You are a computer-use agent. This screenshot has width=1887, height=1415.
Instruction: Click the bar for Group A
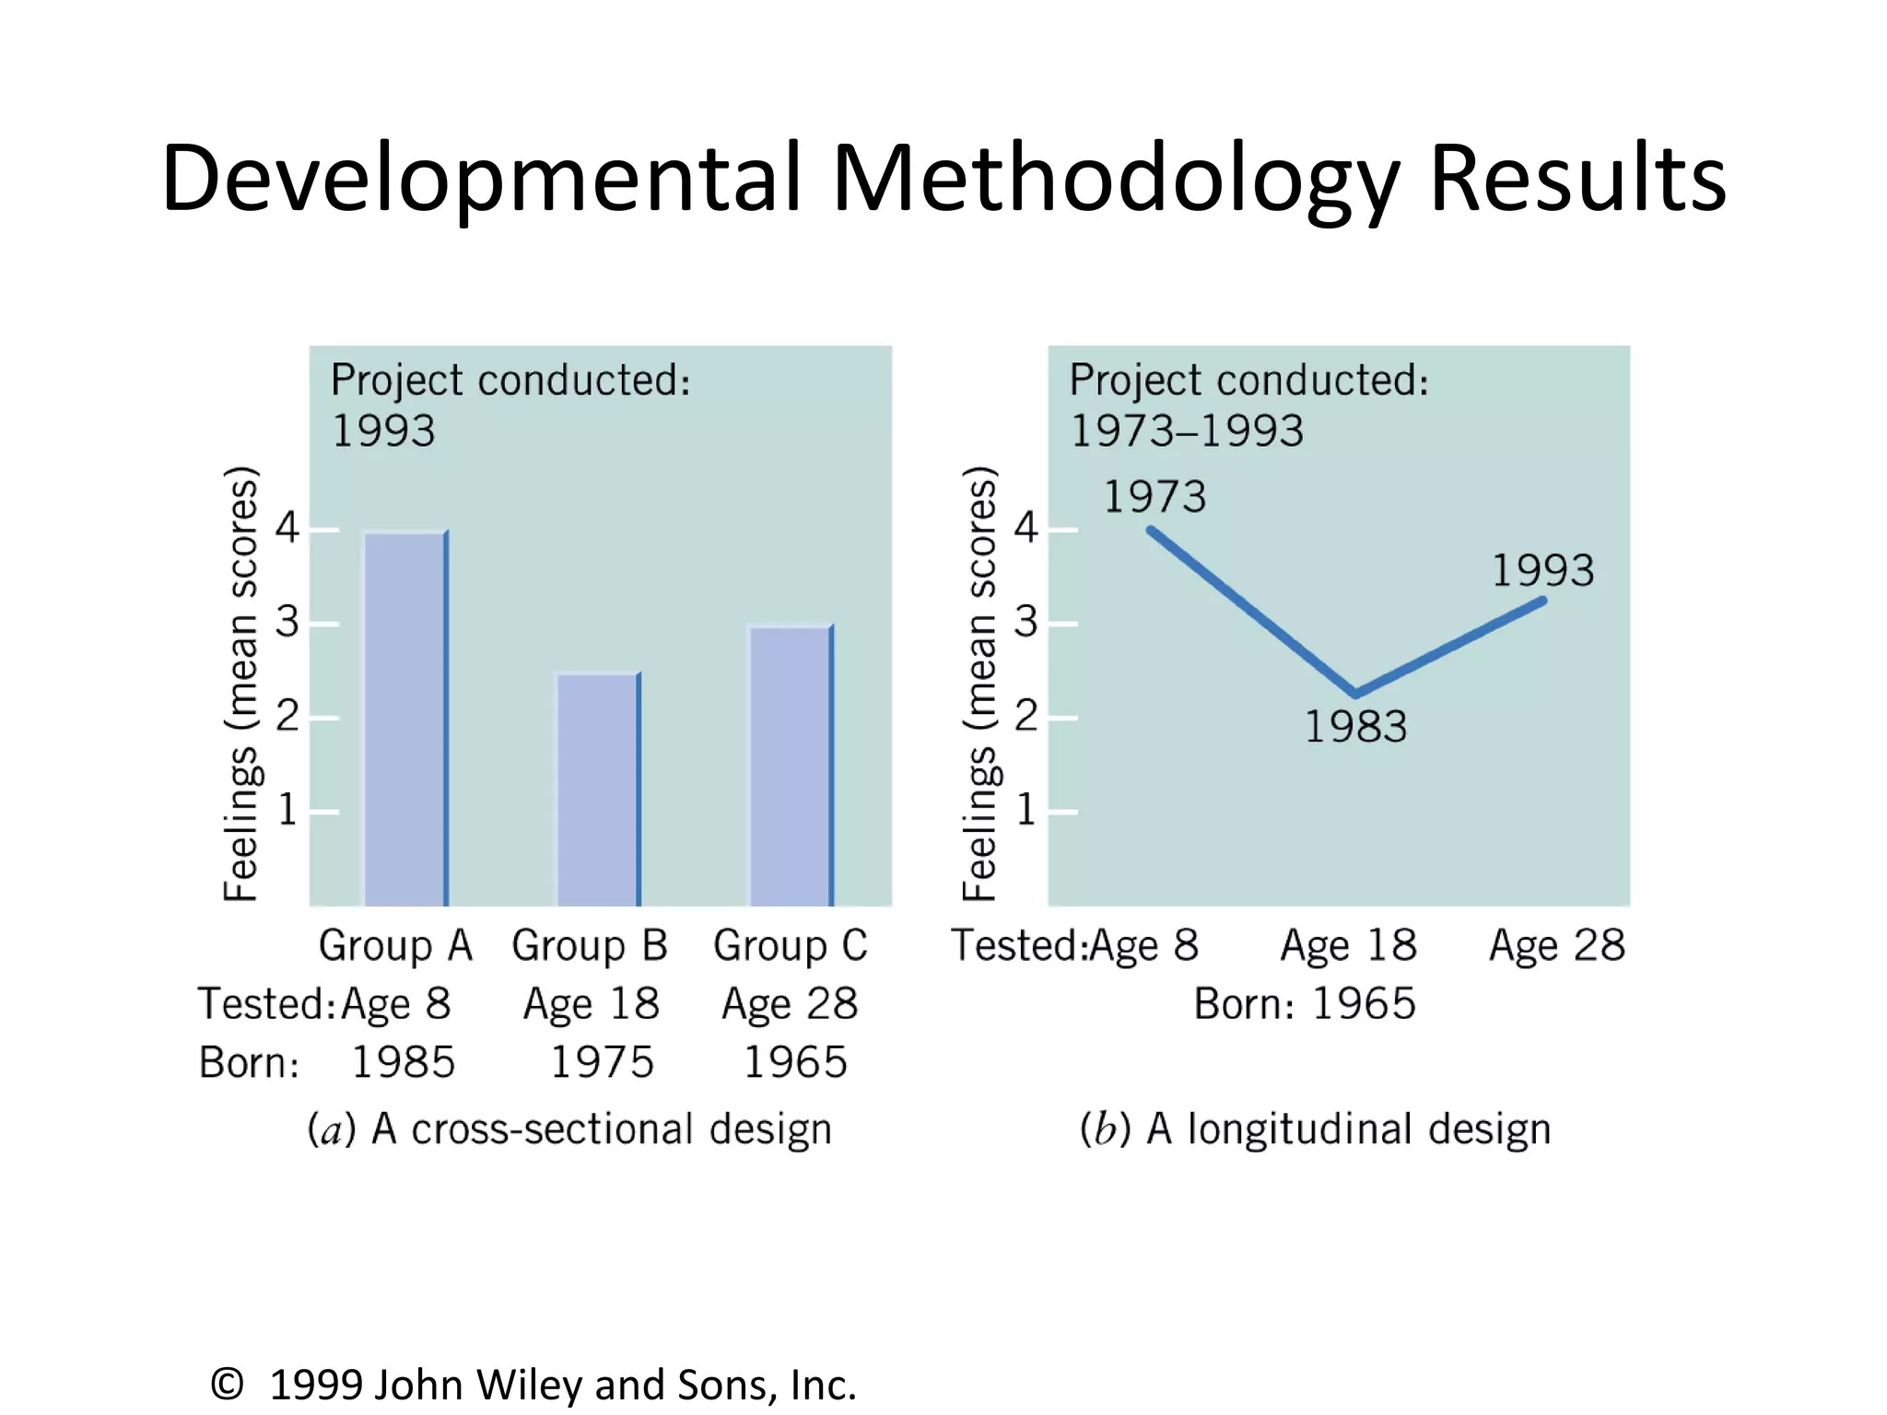click(x=405, y=719)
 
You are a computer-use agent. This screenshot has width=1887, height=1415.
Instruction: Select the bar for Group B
click(x=598, y=789)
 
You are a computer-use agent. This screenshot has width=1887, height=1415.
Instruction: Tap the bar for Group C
click(x=791, y=766)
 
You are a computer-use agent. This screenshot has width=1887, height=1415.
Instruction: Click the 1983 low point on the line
click(x=1355, y=692)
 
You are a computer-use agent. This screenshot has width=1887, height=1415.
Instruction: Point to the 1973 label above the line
click(x=1154, y=497)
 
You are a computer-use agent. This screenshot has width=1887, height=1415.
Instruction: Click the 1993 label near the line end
click(x=1542, y=570)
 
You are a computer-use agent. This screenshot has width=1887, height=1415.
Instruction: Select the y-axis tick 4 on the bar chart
click(x=287, y=528)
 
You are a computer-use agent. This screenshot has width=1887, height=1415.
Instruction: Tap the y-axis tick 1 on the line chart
click(x=1026, y=811)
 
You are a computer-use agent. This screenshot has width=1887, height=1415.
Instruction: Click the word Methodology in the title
click(x=1115, y=179)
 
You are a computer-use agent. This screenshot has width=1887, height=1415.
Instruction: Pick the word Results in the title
click(x=1577, y=179)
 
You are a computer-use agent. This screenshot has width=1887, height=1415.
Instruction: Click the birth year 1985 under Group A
click(x=404, y=1062)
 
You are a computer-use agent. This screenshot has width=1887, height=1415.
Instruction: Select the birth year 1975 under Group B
click(x=602, y=1062)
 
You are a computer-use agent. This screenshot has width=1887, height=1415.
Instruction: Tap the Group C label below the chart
click(x=791, y=946)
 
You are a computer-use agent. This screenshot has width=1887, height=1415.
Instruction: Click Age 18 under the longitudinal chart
click(x=1348, y=946)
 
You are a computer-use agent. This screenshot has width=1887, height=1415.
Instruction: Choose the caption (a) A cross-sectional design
click(x=569, y=1129)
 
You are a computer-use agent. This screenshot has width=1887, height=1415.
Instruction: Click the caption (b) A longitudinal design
click(x=1315, y=1129)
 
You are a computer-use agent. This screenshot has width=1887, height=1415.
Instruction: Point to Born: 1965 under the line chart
click(x=1304, y=1003)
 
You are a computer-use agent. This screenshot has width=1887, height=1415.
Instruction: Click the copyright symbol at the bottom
click(x=227, y=1385)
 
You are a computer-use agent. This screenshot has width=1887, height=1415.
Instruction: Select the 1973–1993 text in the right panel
click(x=1187, y=431)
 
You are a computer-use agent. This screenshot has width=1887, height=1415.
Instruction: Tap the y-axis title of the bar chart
click(x=241, y=683)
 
